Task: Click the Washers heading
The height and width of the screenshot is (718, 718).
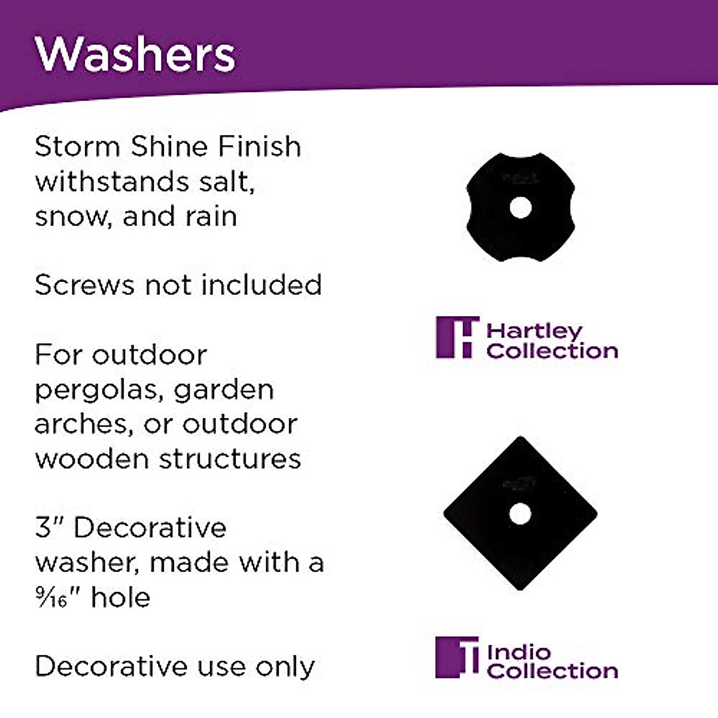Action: pos(135,54)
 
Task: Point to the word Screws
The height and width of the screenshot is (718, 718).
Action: pos(84,285)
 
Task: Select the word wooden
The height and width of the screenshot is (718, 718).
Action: pos(92,459)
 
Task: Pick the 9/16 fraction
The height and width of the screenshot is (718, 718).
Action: pos(50,597)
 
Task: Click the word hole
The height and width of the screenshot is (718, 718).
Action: pos(120,597)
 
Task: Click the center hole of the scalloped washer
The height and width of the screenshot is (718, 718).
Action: pos(520,208)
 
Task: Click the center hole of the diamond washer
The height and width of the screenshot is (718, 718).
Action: pos(520,513)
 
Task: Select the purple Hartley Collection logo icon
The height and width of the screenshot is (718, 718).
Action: pos(457,337)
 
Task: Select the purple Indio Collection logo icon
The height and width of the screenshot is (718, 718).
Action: pos(457,657)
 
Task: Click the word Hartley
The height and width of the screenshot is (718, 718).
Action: pos(534,331)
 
